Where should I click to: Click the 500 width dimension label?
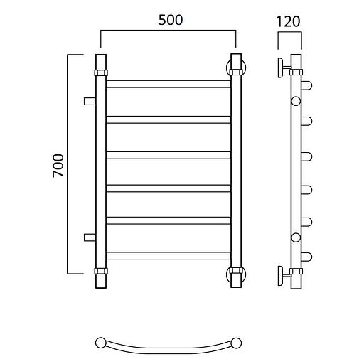[171, 20]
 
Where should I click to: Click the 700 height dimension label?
[58, 165]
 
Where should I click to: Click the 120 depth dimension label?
[289, 21]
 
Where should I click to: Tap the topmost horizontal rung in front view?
[168, 84]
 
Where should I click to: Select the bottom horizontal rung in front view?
[168, 255]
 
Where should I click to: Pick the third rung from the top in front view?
[168, 155]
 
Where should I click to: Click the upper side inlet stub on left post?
[90, 101]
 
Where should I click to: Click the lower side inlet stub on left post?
[90, 237]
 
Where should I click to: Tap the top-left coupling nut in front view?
[101, 73]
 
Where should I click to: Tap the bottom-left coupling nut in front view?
[101, 271]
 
